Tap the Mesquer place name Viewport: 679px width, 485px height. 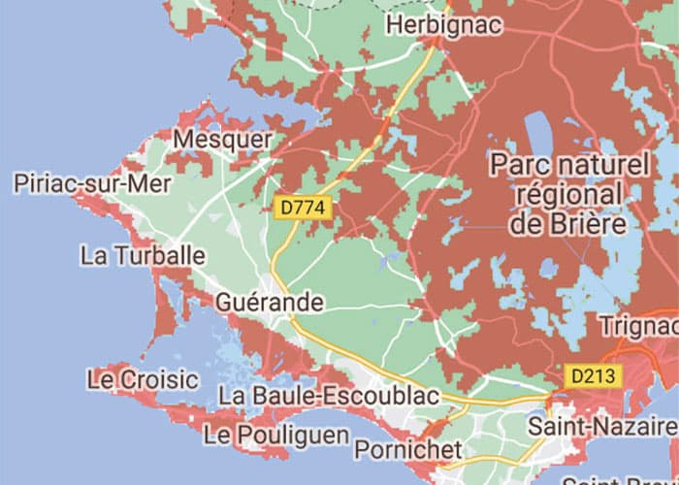tap(222, 140)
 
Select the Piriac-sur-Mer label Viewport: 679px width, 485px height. tap(93, 183)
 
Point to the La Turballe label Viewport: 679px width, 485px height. tap(143, 256)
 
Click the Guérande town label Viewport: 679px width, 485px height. tap(269, 303)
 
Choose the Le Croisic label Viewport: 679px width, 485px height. tap(143, 379)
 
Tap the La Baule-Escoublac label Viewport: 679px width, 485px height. tap(329, 396)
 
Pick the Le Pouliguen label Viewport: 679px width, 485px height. tap(276, 434)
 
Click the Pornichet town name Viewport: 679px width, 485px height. tap(408, 450)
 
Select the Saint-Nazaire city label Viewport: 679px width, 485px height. tap(602, 427)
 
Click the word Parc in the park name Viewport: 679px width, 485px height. tap(524, 163)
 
